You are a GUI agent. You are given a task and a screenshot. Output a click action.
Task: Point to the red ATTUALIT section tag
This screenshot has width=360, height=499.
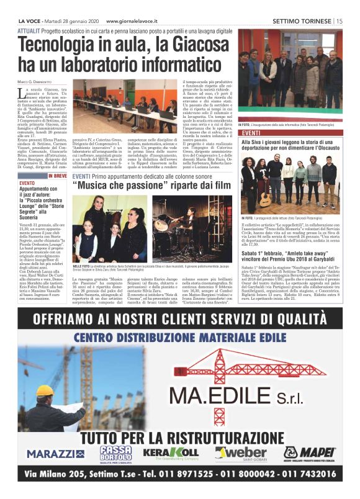click(29, 30)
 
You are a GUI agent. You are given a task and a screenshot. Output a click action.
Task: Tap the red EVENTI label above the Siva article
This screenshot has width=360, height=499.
click(251, 133)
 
